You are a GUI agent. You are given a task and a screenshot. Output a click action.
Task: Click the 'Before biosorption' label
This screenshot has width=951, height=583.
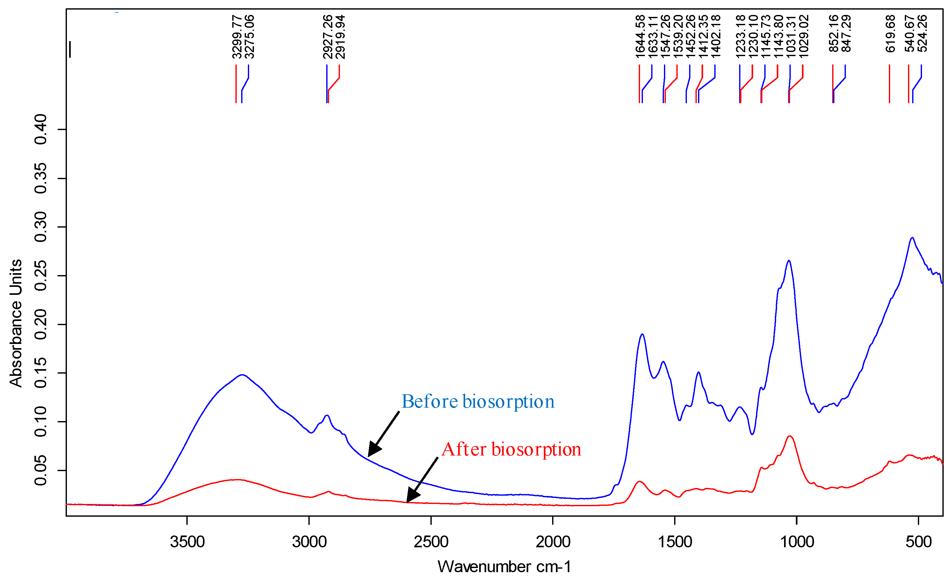[478, 402]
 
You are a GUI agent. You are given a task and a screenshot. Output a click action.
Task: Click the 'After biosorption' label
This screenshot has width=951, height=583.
[511, 449]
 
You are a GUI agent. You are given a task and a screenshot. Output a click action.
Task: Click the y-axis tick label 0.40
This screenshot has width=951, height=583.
[40, 129]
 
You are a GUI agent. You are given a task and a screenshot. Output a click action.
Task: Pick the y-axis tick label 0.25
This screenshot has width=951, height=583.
[40, 276]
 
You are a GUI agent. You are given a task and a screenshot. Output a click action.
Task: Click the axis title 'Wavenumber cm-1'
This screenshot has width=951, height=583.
[504, 567]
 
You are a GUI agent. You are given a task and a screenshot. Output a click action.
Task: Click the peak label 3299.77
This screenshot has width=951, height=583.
[237, 37]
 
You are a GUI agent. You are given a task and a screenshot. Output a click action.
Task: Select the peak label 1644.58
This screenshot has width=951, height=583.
[640, 37]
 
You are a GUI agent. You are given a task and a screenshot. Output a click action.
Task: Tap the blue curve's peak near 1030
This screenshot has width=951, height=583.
[789, 261]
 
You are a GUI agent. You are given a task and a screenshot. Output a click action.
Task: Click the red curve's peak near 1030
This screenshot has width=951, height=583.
[790, 436]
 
